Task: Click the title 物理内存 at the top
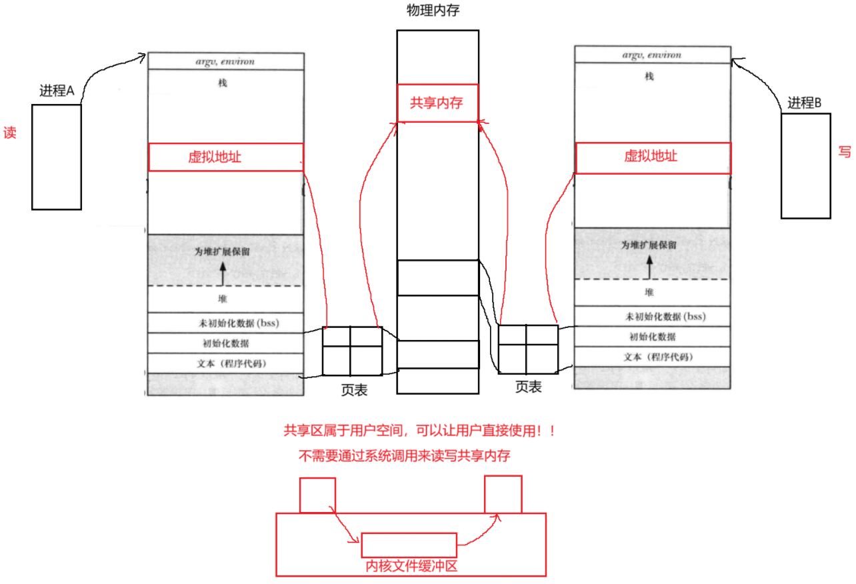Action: (437, 11)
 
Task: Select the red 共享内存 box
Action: (437, 103)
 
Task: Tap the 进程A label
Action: (57, 91)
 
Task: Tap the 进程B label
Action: (805, 103)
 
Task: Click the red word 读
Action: (10, 132)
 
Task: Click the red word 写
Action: (844, 152)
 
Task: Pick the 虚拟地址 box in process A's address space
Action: (225, 157)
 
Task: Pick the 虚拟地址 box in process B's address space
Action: (652, 156)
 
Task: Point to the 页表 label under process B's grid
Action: (528, 387)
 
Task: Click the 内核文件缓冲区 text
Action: (411, 566)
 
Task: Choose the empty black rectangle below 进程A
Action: (56, 157)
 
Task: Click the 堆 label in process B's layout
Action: (649, 293)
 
